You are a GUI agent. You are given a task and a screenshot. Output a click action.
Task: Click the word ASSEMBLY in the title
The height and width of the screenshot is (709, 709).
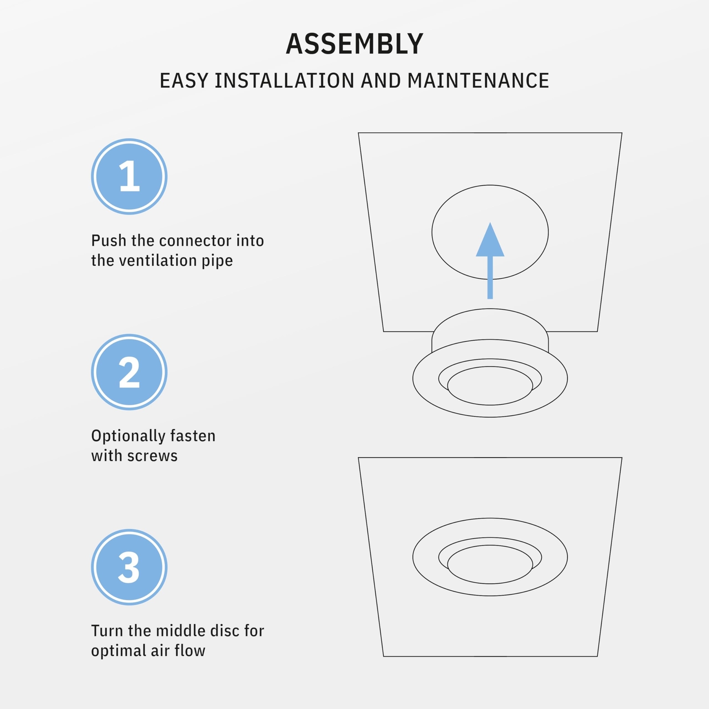tap(354, 44)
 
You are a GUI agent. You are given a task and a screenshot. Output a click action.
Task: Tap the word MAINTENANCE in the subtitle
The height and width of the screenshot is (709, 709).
tap(478, 81)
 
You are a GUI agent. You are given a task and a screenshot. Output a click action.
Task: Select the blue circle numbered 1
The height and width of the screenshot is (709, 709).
tap(129, 176)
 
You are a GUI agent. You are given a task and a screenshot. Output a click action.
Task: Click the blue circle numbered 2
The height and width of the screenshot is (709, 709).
tap(129, 372)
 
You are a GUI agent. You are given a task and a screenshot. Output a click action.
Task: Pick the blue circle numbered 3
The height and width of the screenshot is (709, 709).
tap(129, 567)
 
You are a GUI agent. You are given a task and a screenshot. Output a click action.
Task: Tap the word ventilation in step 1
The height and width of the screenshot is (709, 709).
tap(157, 261)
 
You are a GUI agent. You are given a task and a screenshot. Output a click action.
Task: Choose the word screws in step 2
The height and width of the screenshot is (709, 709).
tap(156, 456)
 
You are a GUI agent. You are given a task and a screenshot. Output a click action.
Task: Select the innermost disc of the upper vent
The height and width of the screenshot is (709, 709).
tap(490, 386)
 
